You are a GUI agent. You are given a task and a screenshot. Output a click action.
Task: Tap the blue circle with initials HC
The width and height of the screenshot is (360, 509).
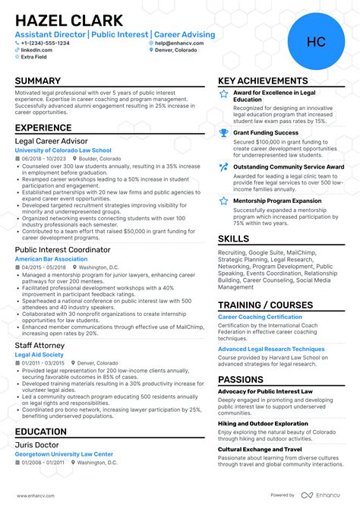pos(315,42)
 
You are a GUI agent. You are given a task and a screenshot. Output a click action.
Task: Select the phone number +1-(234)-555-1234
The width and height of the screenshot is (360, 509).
pos(46,43)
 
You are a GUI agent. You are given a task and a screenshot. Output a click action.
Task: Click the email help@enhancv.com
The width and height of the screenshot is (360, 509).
pos(177,43)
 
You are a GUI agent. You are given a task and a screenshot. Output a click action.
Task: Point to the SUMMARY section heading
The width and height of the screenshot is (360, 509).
pos(37,81)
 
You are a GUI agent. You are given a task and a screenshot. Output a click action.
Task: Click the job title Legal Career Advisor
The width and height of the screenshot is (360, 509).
pos(51,141)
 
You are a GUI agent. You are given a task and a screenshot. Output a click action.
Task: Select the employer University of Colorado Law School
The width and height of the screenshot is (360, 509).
pos(62,150)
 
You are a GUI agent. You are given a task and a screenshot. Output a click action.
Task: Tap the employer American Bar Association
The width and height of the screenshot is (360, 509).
pos(51,259)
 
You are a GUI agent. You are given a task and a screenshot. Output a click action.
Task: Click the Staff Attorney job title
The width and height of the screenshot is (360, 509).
pos(40,345)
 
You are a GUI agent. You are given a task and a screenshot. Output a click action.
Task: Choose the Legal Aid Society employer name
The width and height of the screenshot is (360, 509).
pos(39,355)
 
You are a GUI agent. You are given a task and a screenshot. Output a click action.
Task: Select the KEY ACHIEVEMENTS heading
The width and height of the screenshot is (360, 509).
pos(263,81)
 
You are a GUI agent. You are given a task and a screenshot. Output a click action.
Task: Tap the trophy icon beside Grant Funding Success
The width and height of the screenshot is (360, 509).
pos(223,133)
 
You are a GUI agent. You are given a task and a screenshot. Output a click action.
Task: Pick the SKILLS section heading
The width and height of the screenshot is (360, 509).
pos(233,239)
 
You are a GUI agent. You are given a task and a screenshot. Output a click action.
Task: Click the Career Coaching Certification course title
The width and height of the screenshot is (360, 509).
pos(260,316)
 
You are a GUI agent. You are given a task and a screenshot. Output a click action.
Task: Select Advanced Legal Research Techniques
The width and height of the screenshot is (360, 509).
pos(271,349)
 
